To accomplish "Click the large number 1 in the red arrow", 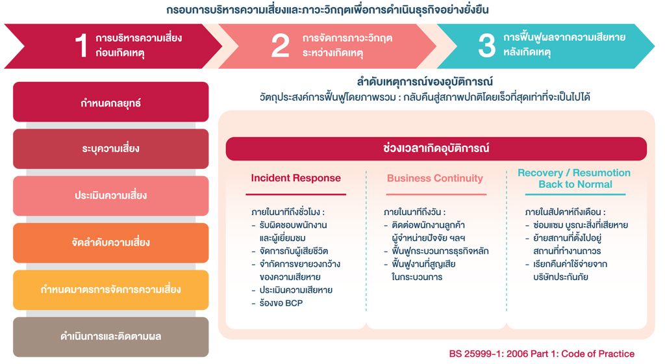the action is (x=81, y=45).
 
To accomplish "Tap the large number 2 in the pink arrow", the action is (x=280, y=45).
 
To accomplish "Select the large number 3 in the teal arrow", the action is (x=486, y=45).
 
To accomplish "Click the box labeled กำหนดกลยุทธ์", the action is (x=110, y=102).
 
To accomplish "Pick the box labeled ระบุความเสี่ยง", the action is (x=110, y=149).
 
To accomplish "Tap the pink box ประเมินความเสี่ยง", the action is (x=110, y=196).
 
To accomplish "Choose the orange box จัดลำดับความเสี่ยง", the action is (x=110, y=243).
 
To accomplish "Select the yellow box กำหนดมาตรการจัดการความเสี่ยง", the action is (x=110, y=290).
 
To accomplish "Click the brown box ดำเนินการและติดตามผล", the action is (x=110, y=337).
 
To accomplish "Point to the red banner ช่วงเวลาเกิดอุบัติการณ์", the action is (x=436, y=148).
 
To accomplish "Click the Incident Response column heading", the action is (x=295, y=178).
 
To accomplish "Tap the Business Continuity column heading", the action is (x=434, y=178).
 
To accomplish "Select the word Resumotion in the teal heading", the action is (x=601, y=173).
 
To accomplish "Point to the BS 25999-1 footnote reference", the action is (x=542, y=354).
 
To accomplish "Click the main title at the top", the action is (x=327, y=9).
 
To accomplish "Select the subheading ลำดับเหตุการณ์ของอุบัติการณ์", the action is (x=425, y=81).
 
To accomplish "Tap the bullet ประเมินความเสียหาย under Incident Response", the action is (x=296, y=290).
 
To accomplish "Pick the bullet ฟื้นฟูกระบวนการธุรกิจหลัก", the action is (x=440, y=251).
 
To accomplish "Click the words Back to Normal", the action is (x=575, y=184).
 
